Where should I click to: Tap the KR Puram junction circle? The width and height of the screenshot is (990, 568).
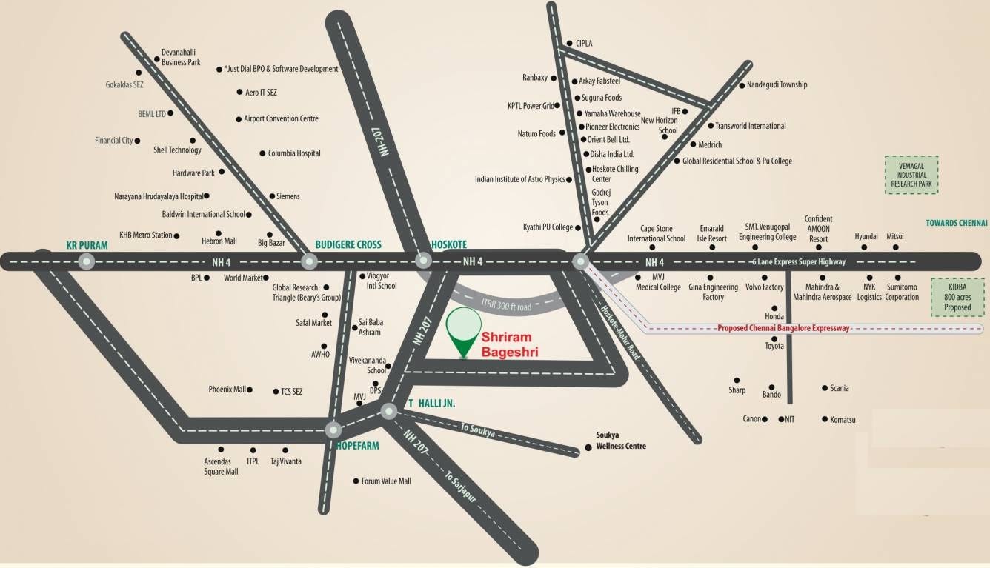click(87, 261)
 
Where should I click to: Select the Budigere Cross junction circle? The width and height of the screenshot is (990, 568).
click(309, 261)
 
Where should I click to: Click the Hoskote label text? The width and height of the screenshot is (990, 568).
click(449, 244)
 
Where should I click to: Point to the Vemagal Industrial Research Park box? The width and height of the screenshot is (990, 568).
click(911, 175)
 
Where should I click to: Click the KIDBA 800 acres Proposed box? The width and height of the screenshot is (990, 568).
click(957, 297)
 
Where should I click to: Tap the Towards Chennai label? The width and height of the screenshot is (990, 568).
click(957, 222)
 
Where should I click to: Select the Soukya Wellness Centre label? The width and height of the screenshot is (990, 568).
click(621, 441)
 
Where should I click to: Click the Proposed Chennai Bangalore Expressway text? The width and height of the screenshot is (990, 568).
click(783, 328)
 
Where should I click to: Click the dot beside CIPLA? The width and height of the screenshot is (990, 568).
click(568, 44)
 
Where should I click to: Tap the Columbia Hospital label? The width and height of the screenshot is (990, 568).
click(294, 153)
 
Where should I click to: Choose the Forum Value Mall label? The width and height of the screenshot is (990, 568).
click(385, 481)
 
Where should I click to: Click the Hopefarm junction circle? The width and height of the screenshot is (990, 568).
click(333, 430)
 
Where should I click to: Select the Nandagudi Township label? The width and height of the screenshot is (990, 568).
click(777, 84)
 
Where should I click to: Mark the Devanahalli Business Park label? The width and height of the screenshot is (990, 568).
click(181, 58)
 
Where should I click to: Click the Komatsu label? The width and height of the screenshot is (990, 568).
click(843, 419)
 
